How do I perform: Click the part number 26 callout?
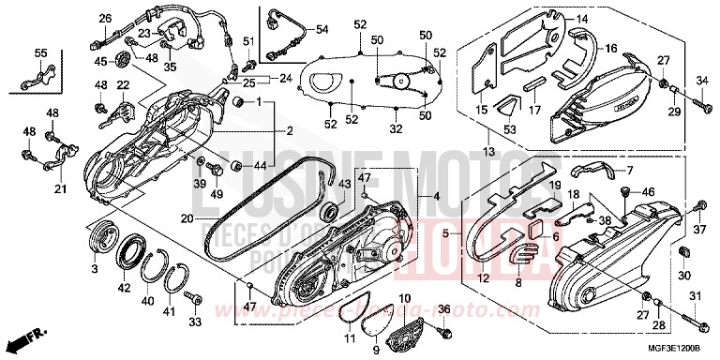(105, 18)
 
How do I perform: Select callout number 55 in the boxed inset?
(40, 52)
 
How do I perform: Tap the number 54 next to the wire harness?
(322, 30)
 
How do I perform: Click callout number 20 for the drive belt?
(187, 218)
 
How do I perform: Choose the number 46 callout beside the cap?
(645, 192)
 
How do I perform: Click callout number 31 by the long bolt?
(695, 297)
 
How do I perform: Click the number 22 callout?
(121, 86)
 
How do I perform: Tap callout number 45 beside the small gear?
(99, 62)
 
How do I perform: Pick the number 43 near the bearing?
(344, 185)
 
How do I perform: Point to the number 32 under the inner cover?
(396, 129)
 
